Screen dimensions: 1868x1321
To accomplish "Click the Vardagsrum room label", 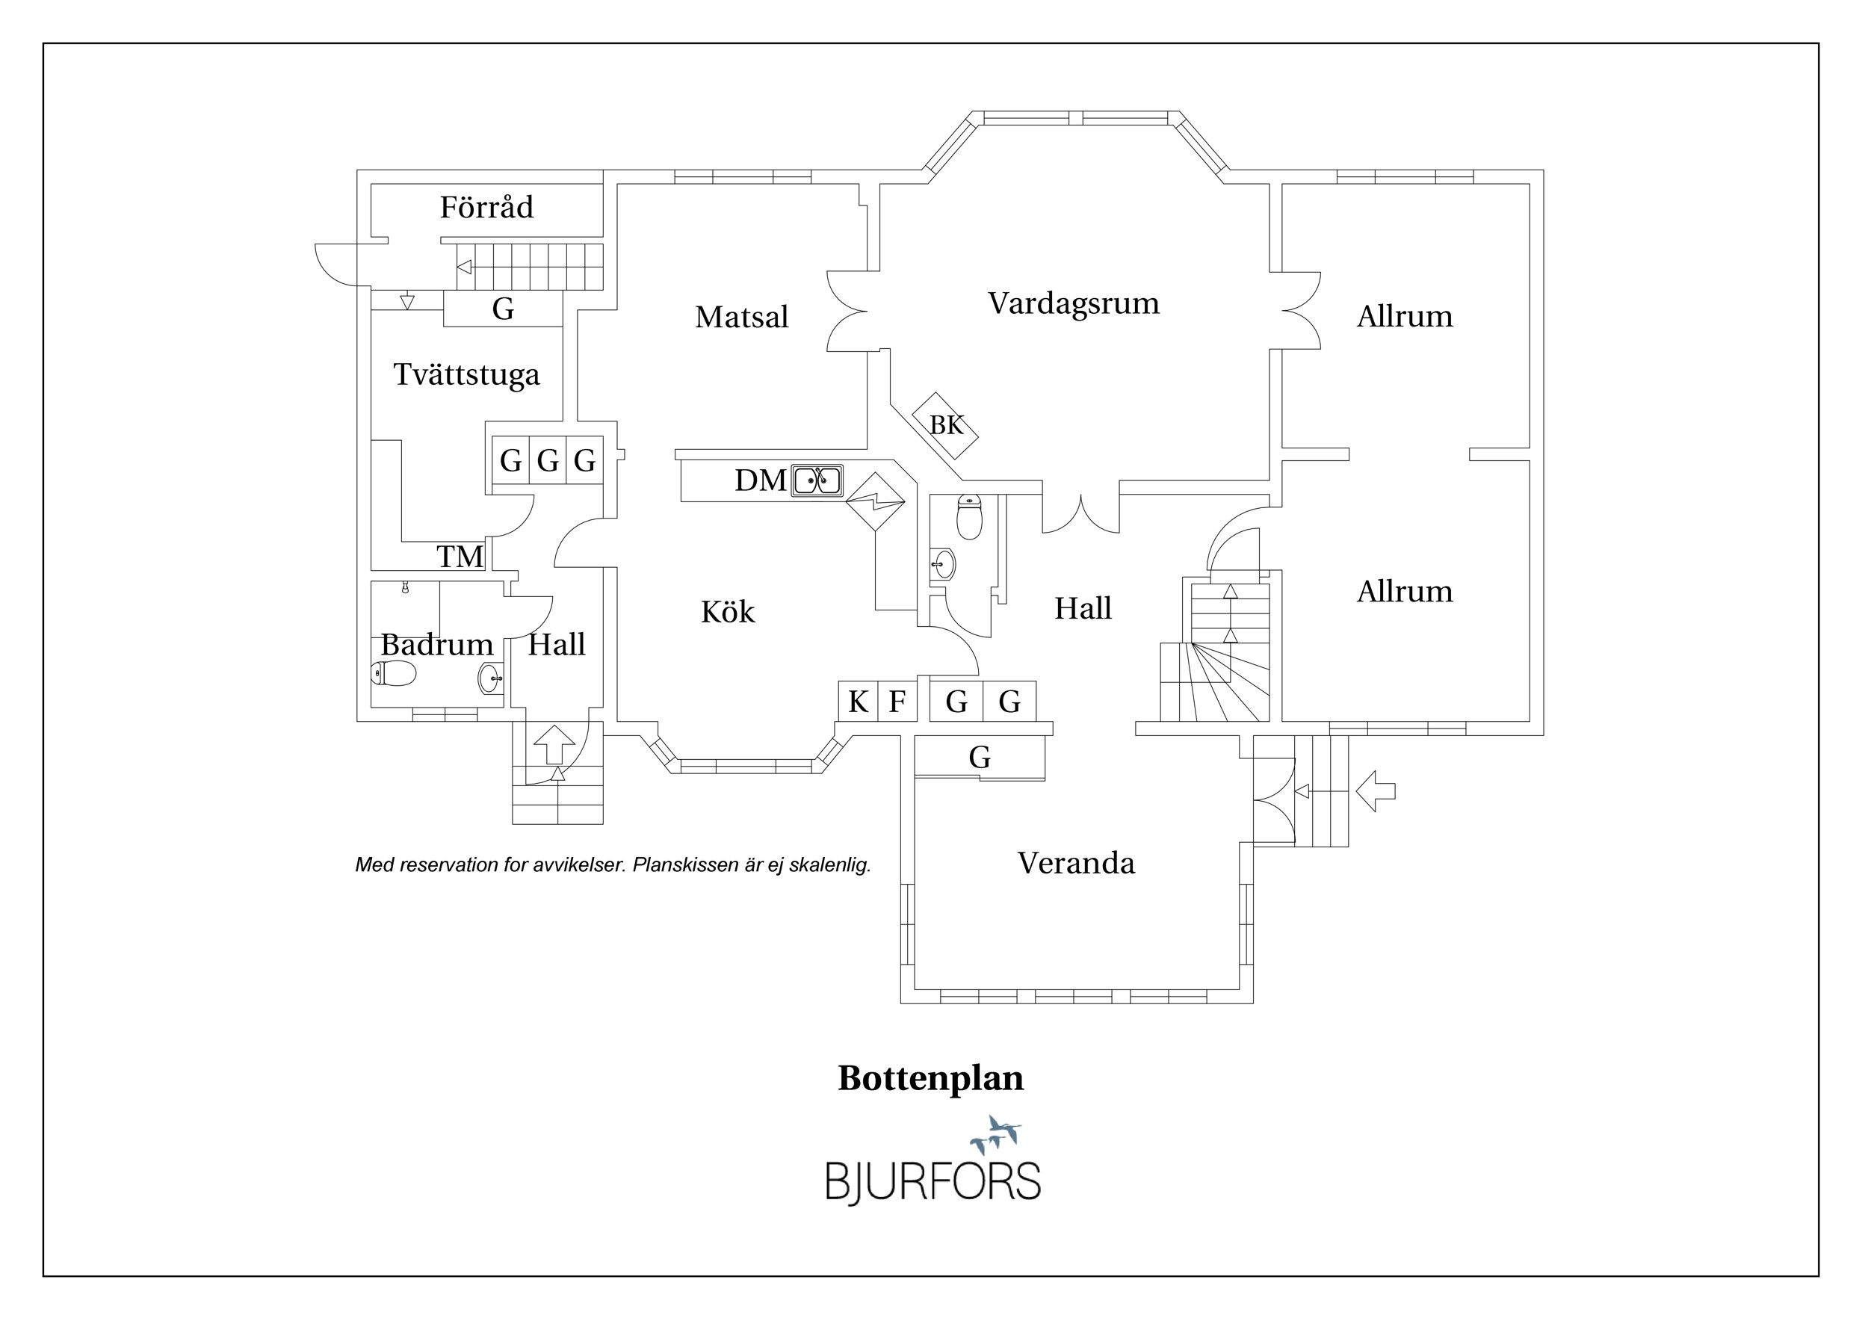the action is click(x=1073, y=304).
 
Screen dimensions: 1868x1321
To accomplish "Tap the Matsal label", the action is click(x=741, y=316).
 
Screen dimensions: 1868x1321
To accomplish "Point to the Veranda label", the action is click(x=1075, y=863).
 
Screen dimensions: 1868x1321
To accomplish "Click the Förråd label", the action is click(x=486, y=207).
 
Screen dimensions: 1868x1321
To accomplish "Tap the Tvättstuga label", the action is click(x=466, y=375).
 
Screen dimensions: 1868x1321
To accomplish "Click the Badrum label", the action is click(x=437, y=644).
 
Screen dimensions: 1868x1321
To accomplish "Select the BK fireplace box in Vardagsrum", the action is click(x=944, y=425).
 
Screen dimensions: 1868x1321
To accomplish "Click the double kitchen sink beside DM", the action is click(x=817, y=480).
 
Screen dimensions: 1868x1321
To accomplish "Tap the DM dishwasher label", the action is click(x=761, y=480).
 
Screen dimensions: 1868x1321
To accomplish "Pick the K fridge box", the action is click(x=859, y=701).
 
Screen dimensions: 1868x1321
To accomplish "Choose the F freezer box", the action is click(x=897, y=701).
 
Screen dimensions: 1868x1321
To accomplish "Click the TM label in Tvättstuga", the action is click(x=460, y=557).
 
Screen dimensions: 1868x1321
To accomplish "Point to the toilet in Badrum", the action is click(x=394, y=673).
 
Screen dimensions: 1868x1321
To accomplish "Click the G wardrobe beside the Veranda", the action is click(x=980, y=758).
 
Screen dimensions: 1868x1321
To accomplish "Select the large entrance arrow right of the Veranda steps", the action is click(x=1376, y=791).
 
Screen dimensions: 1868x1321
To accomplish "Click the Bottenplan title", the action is click(x=931, y=1079).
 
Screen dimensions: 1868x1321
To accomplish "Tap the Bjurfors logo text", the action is click(x=933, y=1181).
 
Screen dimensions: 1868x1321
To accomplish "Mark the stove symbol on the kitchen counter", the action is click(x=876, y=502).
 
